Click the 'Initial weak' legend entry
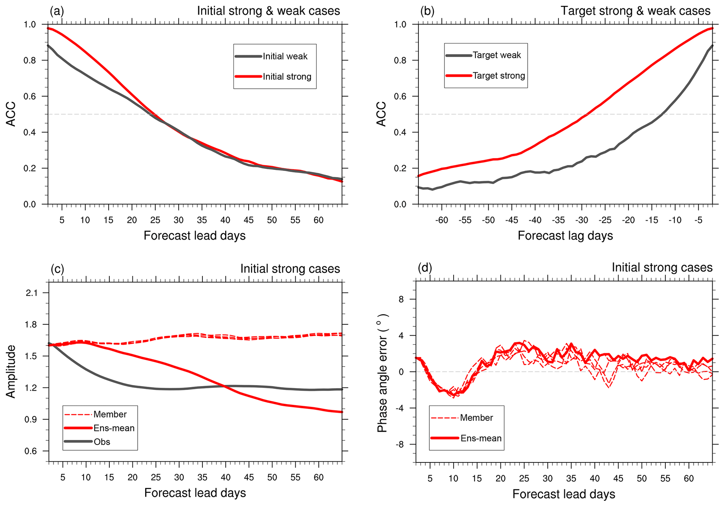point(285,57)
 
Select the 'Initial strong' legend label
point(287,77)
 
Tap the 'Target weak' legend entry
point(497,55)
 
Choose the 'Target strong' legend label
point(499,76)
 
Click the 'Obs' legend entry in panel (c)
point(102,442)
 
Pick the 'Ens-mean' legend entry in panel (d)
point(481,438)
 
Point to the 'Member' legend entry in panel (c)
point(110,414)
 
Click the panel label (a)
point(57,11)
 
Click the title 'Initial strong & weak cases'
point(268,11)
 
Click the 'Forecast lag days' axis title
point(565,236)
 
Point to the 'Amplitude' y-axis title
point(11,371)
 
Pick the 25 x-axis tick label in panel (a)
point(155,220)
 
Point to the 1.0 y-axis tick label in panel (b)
point(400,25)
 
